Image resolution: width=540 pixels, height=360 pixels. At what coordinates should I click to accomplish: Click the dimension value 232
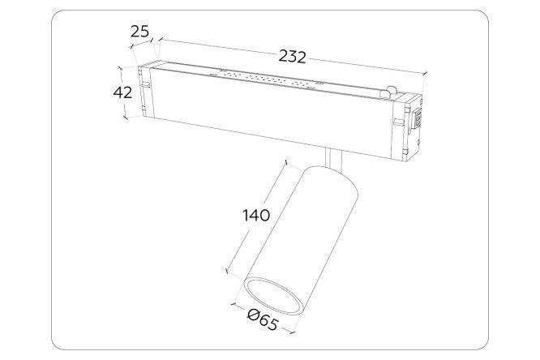[x=292, y=57]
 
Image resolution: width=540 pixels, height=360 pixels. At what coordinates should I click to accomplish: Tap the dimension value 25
[x=139, y=32]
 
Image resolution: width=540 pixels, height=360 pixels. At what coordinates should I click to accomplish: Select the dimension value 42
[x=122, y=92]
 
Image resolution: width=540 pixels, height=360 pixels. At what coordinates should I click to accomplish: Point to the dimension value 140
[x=256, y=216]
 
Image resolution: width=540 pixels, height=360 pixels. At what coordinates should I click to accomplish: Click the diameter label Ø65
[x=263, y=319]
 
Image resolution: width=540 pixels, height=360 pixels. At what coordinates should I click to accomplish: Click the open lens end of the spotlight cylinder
[x=274, y=296]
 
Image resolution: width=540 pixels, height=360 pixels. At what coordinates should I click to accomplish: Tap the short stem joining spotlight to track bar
[x=333, y=159]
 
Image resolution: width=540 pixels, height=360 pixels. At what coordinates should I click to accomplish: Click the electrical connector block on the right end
[x=418, y=118]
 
